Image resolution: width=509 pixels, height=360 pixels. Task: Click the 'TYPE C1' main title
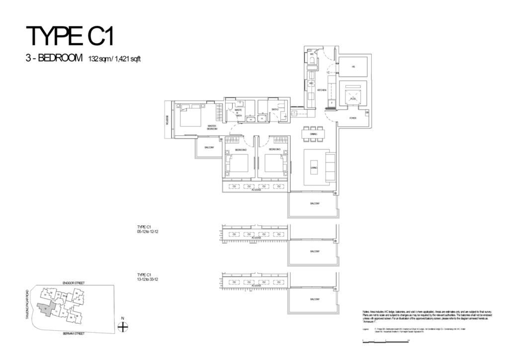pyautogui.click(x=74, y=37)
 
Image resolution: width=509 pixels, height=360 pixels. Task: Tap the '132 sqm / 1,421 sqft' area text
pyautogui.click(x=115, y=60)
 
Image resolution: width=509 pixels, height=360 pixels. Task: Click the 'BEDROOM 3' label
pyautogui.click(x=275, y=150)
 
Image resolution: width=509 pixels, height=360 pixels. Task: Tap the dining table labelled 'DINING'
pyautogui.click(x=313, y=134)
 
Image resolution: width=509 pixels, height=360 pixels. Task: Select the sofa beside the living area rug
pyautogui.click(x=330, y=167)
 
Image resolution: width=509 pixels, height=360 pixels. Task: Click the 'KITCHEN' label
pyautogui.click(x=322, y=90)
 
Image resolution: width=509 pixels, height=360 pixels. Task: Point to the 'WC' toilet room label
pyautogui.click(x=312, y=54)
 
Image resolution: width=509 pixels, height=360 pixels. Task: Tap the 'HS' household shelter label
pyautogui.click(x=353, y=67)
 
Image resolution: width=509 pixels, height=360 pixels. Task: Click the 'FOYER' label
pyautogui.click(x=352, y=118)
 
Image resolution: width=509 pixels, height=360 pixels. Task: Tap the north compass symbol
pyautogui.click(x=123, y=327)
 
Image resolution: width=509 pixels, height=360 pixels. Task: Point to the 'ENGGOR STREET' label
pyautogui.click(x=75, y=282)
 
